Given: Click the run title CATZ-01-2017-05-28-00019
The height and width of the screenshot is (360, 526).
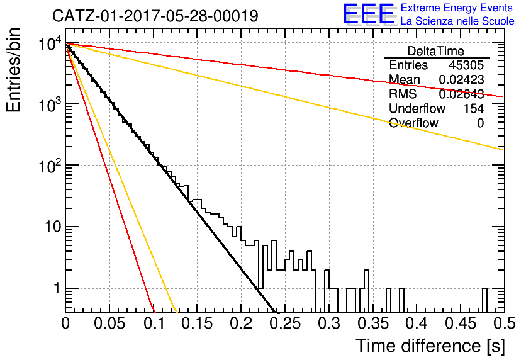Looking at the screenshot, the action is [155, 16].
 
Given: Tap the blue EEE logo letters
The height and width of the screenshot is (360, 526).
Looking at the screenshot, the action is [369, 14].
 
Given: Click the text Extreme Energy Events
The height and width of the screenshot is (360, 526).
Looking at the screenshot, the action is [457, 8].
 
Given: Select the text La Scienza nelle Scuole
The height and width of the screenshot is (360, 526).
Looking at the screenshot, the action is [457, 21].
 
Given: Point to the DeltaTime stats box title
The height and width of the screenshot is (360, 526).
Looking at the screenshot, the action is [436, 51].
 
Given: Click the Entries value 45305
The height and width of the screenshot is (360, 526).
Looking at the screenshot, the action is [466, 65].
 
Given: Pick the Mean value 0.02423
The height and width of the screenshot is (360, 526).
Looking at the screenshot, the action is [462, 79].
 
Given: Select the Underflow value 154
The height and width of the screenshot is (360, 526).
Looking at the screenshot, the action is [474, 108].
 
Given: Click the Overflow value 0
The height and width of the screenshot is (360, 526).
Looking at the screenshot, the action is [480, 123].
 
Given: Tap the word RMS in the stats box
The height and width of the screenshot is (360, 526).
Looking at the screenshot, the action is [403, 94].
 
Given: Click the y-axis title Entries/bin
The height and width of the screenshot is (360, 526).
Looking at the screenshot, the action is [13, 70].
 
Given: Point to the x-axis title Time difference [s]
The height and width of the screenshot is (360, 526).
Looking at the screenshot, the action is [430, 346].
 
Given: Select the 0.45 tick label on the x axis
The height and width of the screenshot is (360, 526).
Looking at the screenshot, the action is [461, 323].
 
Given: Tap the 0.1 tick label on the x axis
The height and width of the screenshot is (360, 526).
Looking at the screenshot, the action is [154, 323].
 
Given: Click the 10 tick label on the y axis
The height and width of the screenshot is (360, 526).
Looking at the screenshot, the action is [53, 227].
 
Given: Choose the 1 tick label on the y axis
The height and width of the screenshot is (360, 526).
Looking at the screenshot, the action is [57, 288].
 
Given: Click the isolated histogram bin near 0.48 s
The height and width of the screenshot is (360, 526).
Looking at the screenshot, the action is [484, 300].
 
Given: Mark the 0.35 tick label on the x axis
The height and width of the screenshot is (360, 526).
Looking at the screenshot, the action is [373, 323].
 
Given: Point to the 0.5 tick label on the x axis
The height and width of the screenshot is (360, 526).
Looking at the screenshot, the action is [505, 323].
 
